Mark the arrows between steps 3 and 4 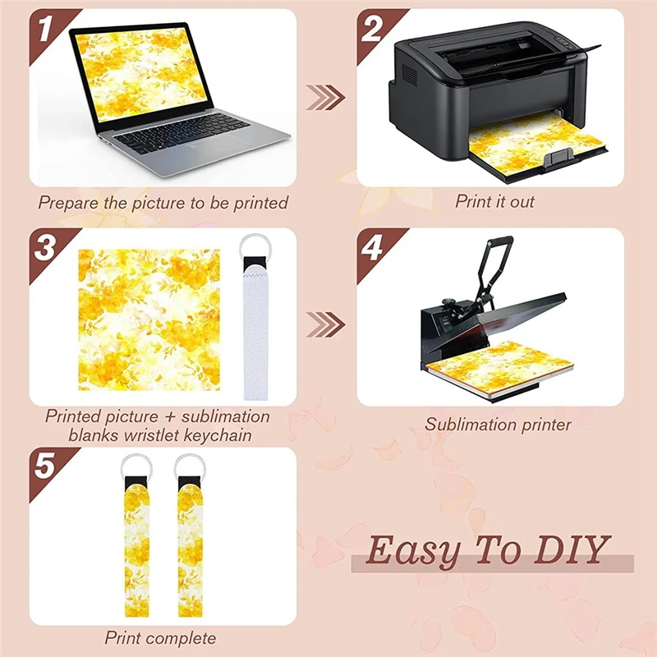(x=325, y=324)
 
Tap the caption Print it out (x=495, y=200)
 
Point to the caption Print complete (x=160, y=637)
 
